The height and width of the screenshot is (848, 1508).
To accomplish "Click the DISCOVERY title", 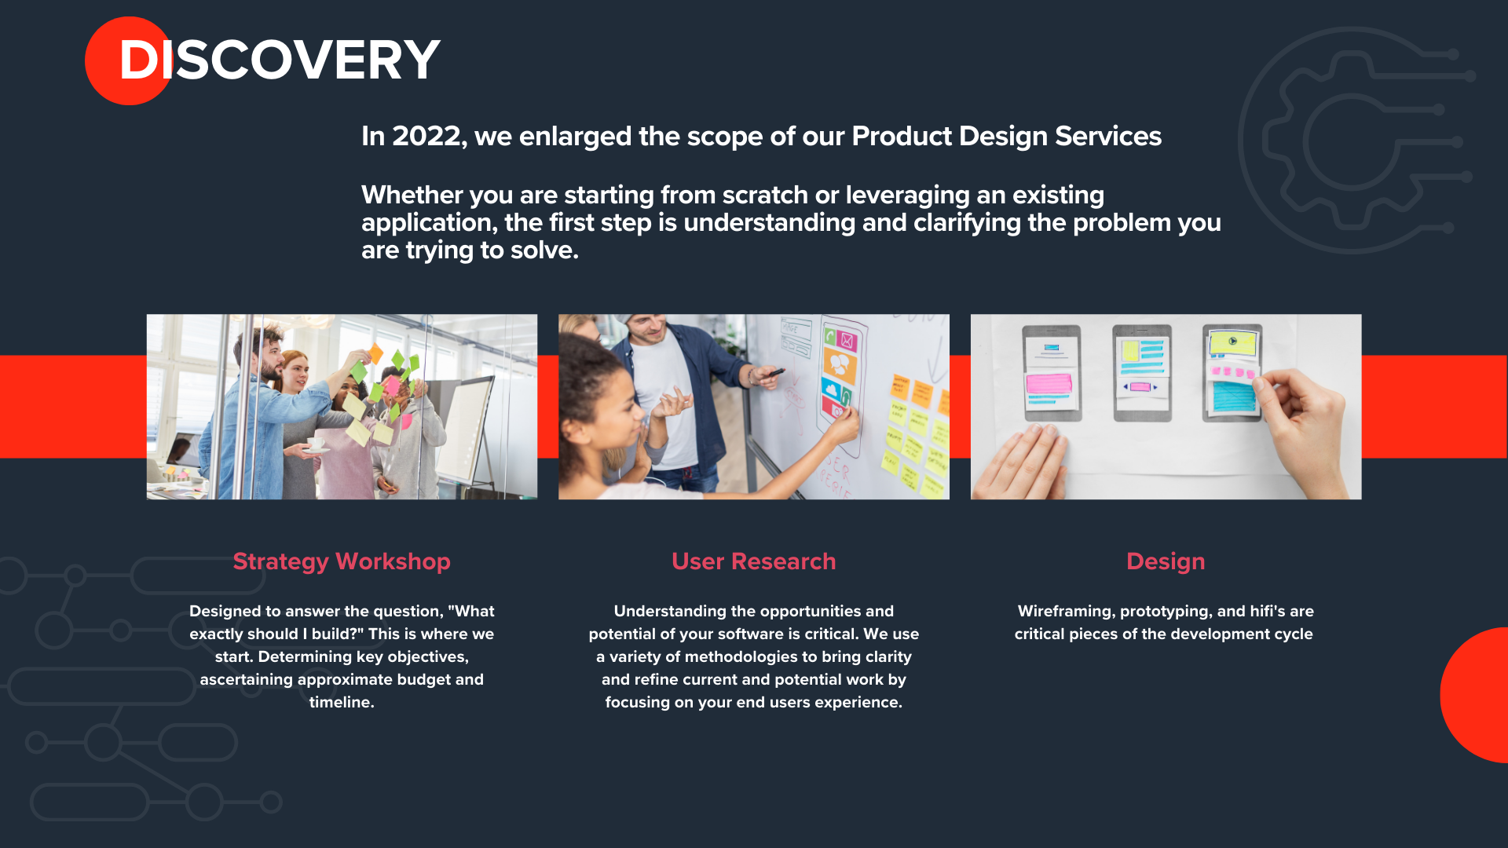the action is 279,60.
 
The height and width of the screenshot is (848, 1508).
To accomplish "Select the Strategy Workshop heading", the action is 342,561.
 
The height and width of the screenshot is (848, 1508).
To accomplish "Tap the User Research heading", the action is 754,561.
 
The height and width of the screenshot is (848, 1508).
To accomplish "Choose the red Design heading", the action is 1166,561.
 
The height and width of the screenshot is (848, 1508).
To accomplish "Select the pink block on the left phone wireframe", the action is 1049,383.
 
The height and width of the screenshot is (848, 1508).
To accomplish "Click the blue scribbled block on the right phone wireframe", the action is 1234,397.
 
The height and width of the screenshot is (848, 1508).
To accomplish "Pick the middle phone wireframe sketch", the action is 1142,372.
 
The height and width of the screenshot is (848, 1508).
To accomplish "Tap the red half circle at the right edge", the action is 1474,695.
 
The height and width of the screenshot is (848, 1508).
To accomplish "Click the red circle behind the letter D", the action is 129,60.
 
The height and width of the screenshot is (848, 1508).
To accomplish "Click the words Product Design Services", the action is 1006,136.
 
